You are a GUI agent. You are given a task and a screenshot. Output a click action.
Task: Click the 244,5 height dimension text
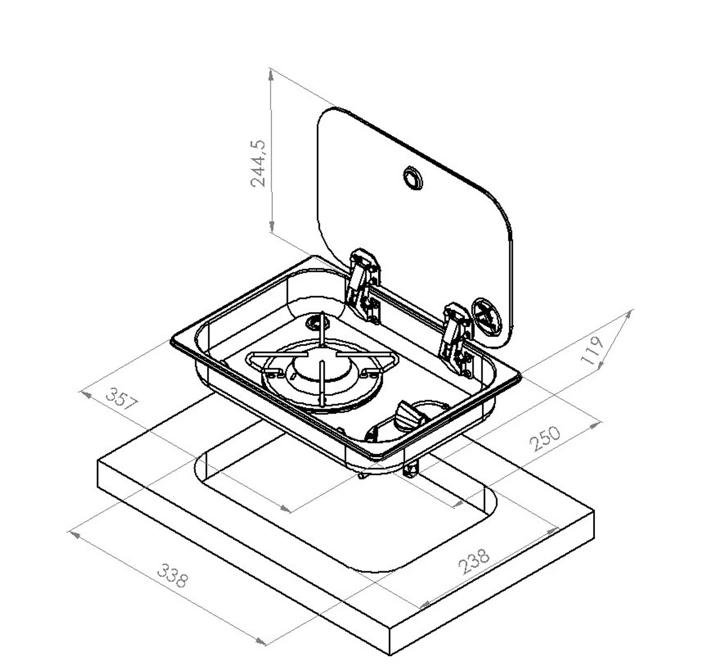(x=258, y=163)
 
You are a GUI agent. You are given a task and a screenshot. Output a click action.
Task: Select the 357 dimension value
(x=121, y=399)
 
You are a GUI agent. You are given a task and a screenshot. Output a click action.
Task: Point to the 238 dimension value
(x=474, y=561)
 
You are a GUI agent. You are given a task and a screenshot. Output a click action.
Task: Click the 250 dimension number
(x=545, y=438)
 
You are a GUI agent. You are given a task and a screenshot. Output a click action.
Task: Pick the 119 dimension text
(x=593, y=350)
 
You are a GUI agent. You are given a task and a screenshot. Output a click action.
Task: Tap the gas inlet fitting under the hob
(x=411, y=469)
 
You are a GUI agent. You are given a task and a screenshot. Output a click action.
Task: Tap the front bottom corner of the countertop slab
(x=390, y=655)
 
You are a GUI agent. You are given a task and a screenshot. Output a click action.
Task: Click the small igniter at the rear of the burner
(x=318, y=319)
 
